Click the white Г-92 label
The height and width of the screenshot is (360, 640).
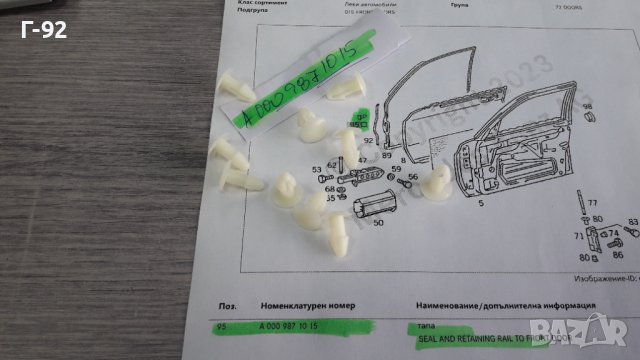click(42, 30)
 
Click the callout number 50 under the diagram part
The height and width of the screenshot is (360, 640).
click(377, 223)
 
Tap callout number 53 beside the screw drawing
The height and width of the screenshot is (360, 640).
click(316, 170)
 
